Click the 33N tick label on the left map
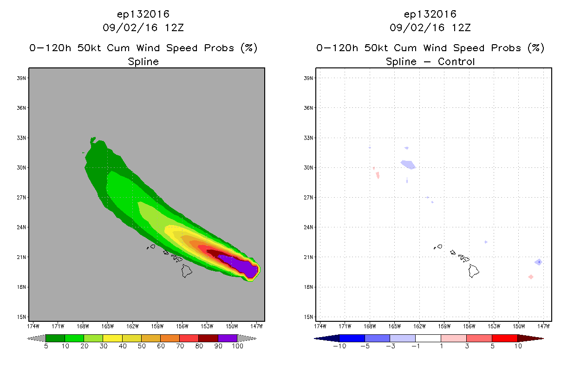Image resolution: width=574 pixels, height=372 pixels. coord(21,138)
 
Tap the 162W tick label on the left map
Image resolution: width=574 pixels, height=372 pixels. coord(132,326)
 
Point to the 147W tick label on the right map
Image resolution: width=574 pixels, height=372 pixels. coord(543,326)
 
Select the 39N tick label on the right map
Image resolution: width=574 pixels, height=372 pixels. coord(308,78)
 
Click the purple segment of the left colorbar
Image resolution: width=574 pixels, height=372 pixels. coord(228,338)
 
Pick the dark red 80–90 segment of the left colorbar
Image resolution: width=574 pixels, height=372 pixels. coord(209,338)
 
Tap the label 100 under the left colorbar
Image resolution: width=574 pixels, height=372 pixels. coord(237,346)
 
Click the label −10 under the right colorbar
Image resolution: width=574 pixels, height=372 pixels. coord(339,346)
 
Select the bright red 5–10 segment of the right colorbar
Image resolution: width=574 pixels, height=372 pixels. coord(505,338)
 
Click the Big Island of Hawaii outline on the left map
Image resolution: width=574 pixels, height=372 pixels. coord(187,271)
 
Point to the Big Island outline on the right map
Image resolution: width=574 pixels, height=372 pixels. coord(474,271)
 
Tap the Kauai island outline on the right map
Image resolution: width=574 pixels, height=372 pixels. coord(440,246)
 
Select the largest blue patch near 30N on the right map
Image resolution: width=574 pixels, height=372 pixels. coord(408,165)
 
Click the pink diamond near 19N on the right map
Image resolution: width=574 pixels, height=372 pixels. coord(531,277)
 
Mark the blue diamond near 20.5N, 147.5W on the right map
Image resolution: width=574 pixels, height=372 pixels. coord(538,262)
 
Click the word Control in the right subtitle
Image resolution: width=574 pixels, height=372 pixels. coord(456,62)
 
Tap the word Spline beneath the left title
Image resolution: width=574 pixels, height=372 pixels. coord(143,62)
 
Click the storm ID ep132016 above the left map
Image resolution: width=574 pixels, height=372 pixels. coord(143,14)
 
